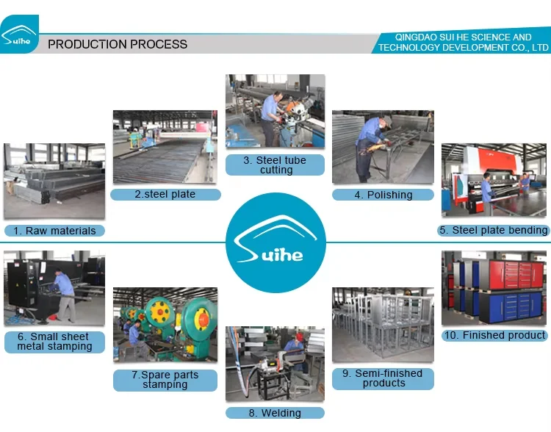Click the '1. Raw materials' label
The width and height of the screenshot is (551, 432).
[54, 231]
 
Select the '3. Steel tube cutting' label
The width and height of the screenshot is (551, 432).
[275, 165]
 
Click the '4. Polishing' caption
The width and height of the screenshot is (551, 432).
[383, 195]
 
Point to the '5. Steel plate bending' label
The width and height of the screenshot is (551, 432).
[493, 230]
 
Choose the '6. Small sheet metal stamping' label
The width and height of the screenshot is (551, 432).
[54, 341]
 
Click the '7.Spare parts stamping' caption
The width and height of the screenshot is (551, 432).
[165, 379]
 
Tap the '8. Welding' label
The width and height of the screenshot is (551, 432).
[275, 413]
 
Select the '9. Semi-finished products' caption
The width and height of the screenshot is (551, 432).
[383, 378]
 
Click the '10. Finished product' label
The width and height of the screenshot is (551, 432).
[494, 335]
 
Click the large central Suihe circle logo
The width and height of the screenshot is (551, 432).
[275, 242]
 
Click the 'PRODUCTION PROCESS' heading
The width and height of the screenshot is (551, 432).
[118, 44]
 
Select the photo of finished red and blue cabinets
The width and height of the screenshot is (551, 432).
[494, 287]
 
